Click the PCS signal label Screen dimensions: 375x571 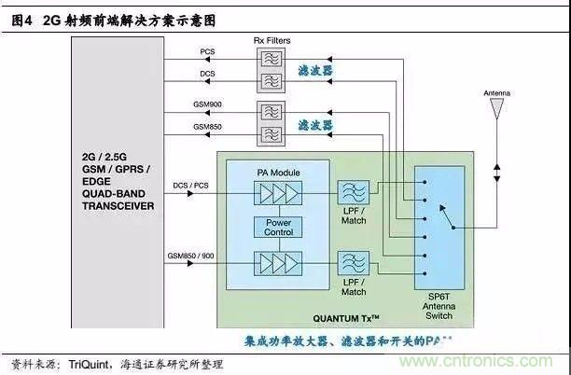(x=207, y=51)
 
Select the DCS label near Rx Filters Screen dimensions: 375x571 (x=207, y=72)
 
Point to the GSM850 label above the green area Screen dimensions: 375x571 (x=207, y=125)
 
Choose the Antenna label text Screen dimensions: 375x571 (x=496, y=94)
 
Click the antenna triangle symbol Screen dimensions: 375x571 (x=496, y=109)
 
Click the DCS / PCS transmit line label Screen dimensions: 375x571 (x=191, y=186)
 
